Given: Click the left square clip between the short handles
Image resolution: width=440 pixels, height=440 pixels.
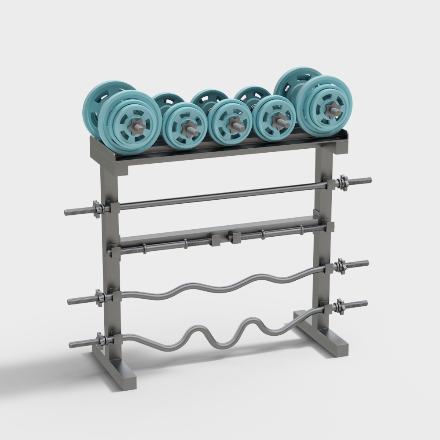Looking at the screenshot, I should point(216,240).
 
